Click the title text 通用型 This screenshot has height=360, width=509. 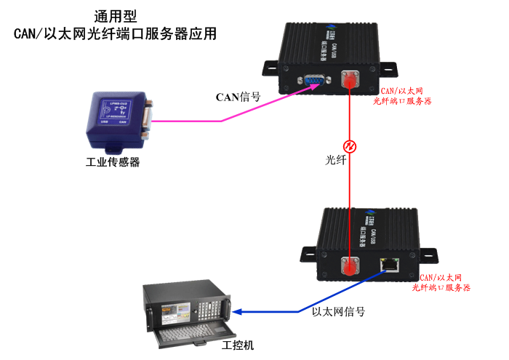(x=115, y=15)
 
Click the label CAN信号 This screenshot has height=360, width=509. (x=238, y=96)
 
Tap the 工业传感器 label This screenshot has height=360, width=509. (x=113, y=161)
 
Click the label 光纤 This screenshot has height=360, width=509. (x=335, y=156)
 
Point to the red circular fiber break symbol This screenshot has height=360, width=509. (x=350, y=148)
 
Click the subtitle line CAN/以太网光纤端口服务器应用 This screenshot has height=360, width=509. (x=115, y=33)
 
